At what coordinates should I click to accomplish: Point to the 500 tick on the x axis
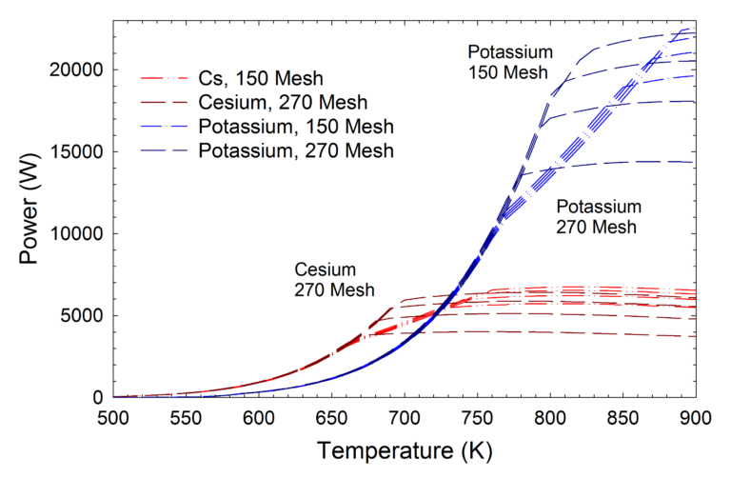point(113,417)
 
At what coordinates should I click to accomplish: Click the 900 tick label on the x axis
point(696,417)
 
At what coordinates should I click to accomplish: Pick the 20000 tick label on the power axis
point(77,70)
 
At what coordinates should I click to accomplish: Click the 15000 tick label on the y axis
point(77,152)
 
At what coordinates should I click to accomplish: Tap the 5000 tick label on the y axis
point(83,316)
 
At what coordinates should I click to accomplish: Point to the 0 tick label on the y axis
point(99,398)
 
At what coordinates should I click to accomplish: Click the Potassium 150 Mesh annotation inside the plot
point(507,60)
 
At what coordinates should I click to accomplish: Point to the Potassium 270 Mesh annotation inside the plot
point(599,217)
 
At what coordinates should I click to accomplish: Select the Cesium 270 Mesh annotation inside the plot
point(333,279)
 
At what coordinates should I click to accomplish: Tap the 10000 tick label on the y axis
point(77,234)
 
